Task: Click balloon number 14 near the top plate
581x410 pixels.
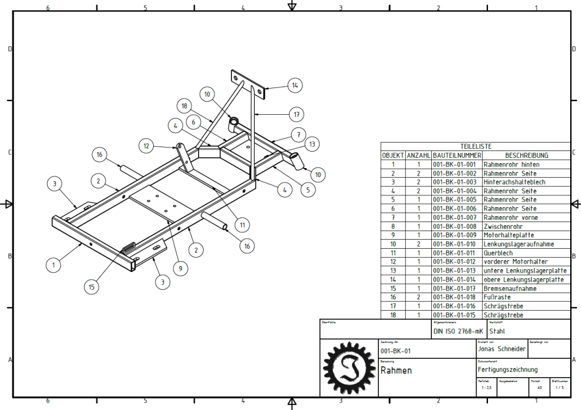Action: point(294,86)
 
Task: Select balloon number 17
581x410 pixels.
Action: point(296,114)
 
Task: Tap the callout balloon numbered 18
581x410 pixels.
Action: point(184,105)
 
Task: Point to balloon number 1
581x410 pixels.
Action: point(54,264)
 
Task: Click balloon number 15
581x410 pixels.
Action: point(91,287)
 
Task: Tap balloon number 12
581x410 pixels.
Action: point(146,146)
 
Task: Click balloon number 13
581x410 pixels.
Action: point(312,144)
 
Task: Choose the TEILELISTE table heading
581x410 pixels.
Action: point(475,147)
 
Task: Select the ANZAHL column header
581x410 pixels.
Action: point(418,155)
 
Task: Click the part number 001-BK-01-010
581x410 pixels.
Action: point(456,244)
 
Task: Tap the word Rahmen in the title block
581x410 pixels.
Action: point(396,371)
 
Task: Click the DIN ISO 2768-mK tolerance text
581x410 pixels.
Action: point(458,331)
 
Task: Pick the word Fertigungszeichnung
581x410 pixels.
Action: point(507,370)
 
